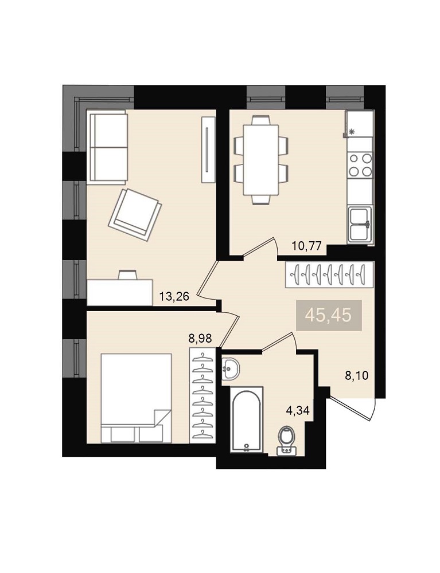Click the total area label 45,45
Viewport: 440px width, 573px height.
pyautogui.click(x=329, y=315)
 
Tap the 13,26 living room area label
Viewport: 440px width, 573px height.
pyautogui.click(x=174, y=296)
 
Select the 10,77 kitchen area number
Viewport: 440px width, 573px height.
pyautogui.click(x=306, y=246)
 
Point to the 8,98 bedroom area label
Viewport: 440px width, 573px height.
pyautogui.click(x=200, y=339)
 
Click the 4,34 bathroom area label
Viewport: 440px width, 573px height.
pyautogui.click(x=298, y=410)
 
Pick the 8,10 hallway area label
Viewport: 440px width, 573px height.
pyautogui.click(x=357, y=375)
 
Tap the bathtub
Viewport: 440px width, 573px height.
pyautogui.click(x=247, y=420)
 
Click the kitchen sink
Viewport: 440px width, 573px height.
pyautogui.click(x=360, y=224)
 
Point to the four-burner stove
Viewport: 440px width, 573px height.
pyautogui.click(x=360, y=165)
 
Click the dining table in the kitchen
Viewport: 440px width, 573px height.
pyautogui.click(x=261, y=160)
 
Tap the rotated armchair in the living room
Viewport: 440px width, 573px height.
pyautogui.click(x=135, y=215)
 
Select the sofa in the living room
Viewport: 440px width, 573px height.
pyautogui.click(x=107, y=147)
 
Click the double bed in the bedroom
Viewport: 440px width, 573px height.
pyautogui.click(x=136, y=398)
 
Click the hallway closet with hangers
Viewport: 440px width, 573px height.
pyautogui.click(x=329, y=275)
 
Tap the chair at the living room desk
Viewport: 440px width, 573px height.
pyautogui.click(x=128, y=274)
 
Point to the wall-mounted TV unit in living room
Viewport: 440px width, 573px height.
pyautogui.click(x=208, y=150)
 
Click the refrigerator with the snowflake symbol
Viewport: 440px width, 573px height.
pyautogui.click(x=359, y=124)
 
